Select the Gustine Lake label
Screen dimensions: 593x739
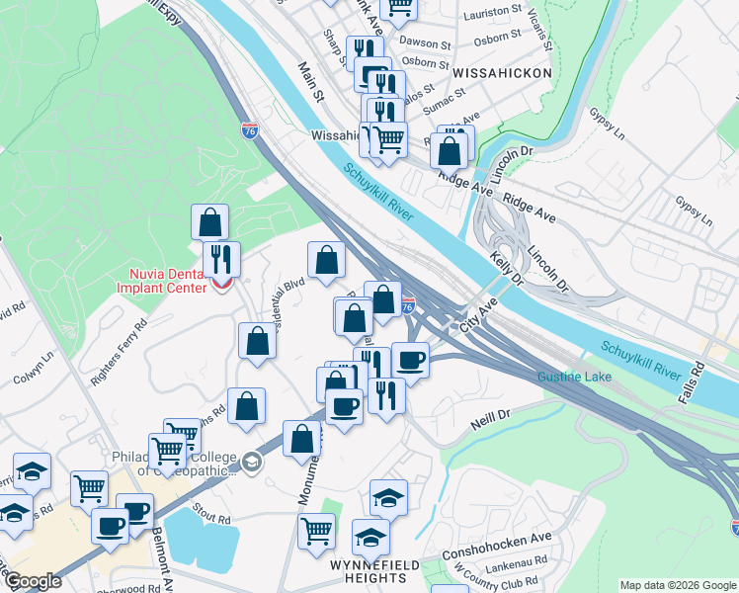pyautogui.click(x=574, y=378)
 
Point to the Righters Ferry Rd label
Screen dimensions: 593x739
pyautogui.click(x=119, y=338)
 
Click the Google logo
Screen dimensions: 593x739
pyautogui.click(x=33, y=581)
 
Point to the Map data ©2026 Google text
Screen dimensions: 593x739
pyautogui.click(x=677, y=585)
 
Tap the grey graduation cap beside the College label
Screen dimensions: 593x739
pyautogui.click(x=252, y=462)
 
